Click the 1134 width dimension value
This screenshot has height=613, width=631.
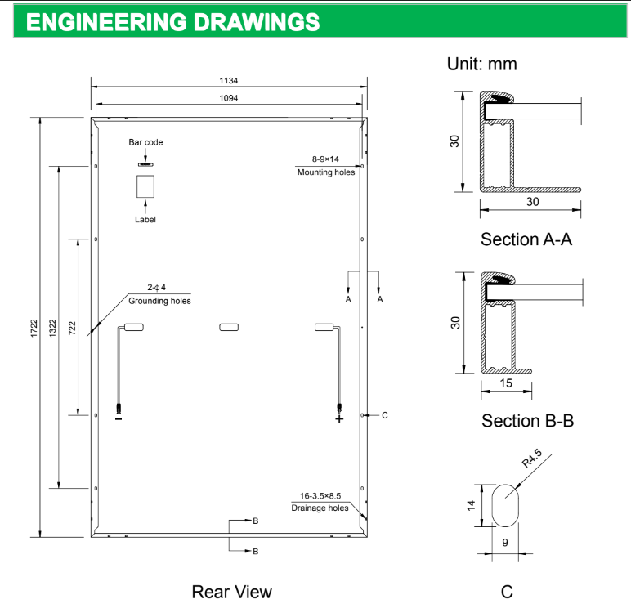228,81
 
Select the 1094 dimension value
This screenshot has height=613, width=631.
228,98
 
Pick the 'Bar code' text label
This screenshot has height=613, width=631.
145,142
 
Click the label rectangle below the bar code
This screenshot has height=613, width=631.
145,187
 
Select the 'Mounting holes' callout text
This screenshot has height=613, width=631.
326,172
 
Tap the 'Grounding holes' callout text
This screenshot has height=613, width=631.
159,301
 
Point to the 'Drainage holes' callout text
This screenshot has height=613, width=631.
320,508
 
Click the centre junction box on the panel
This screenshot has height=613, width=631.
228,328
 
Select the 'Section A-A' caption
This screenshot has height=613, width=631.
526,239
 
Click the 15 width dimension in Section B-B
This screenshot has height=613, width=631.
507,383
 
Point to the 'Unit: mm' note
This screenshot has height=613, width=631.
481,64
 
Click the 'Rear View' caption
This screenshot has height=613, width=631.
231,591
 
